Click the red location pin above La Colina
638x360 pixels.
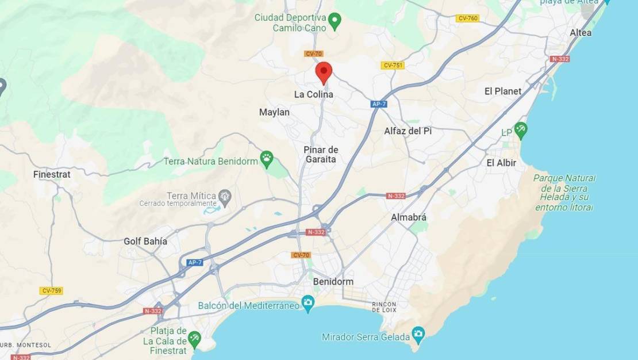(x=324, y=72)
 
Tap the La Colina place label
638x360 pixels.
(x=313, y=94)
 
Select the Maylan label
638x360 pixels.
(x=274, y=112)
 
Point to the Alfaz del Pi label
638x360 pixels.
(x=408, y=131)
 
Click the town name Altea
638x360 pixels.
(x=581, y=33)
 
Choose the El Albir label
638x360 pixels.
(x=501, y=163)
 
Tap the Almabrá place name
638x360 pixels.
(x=409, y=217)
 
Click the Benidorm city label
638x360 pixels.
(x=333, y=282)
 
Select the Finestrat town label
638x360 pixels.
(x=52, y=174)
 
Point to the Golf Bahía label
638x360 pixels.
(x=145, y=241)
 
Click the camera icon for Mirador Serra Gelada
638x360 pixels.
(x=418, y=334)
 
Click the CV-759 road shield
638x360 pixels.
(x=51, y=290)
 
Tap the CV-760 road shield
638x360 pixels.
(x=467, y=18)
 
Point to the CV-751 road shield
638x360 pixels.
(x=393, y=66)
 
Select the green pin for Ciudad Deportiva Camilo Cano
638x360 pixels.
(x=336, y=21)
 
